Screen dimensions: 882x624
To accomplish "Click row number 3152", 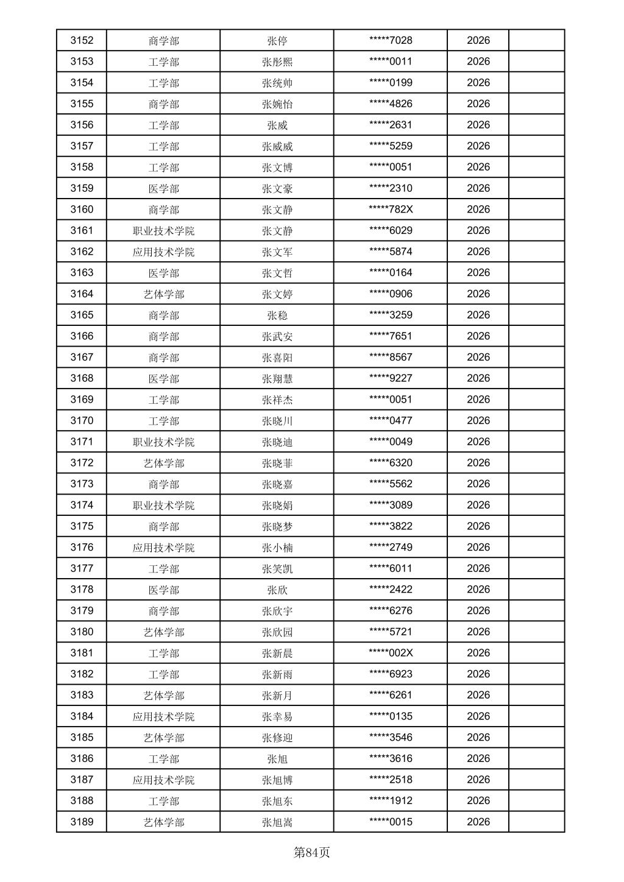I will click(82, 40).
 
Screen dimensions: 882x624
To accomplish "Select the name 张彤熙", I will click(277, 62).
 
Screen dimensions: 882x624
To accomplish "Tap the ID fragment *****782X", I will click(391, 210).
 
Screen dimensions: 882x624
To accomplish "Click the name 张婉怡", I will click(277, 104).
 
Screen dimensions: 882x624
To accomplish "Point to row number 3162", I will click(82, 252).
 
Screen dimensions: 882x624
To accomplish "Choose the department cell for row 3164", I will click(163, 294).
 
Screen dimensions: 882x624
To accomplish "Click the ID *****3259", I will click(391, 315).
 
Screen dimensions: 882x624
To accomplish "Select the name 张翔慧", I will click(277, 379).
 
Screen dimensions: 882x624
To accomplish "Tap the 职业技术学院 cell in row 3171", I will click(163, 442).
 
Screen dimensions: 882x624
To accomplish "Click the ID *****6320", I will click(391, 463).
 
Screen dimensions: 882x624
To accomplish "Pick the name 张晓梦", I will click(277, 527).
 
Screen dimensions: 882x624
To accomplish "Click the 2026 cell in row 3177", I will click(478, 568).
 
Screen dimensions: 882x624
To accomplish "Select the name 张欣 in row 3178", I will click(277, 590).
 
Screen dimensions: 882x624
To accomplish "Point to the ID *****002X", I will click(391, 653).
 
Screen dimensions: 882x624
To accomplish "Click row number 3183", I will click(82, 695).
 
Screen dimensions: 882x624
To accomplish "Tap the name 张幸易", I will click(277, 717).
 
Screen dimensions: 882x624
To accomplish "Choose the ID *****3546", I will click(391, 738).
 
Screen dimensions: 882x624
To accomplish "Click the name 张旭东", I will click(277, 802).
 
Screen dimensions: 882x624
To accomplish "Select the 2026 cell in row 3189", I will click(478, 822).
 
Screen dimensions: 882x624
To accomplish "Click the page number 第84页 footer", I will click(311, 852).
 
